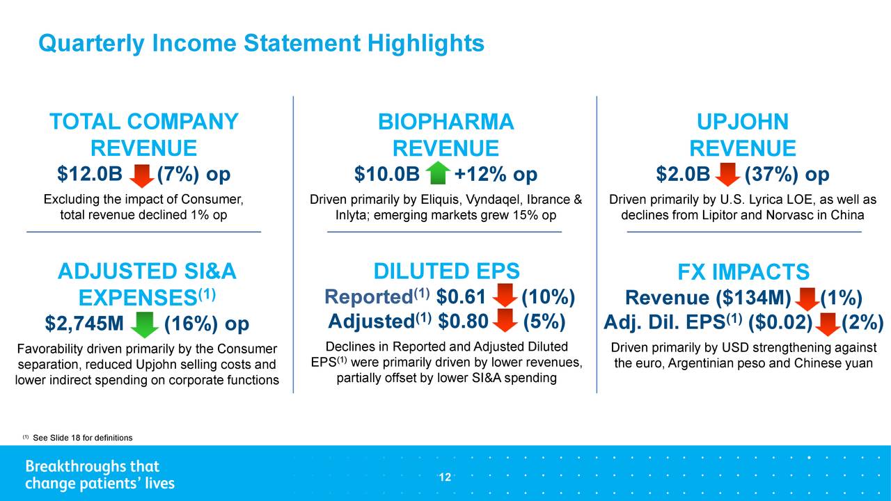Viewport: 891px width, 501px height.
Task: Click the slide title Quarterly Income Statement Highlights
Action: tap(261, 43)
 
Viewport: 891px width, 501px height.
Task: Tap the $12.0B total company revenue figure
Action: tap(90, 174)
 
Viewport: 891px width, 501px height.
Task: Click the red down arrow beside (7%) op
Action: tap(141, 176)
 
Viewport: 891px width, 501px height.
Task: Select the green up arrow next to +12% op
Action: tap(438, 173)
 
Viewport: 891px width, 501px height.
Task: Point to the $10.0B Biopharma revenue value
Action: tap(386, 174)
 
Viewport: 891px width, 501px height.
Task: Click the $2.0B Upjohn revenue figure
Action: tap(683, 174)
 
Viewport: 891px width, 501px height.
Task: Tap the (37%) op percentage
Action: tap(787, 175)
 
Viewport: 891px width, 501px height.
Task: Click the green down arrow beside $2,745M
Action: tap(144, 324)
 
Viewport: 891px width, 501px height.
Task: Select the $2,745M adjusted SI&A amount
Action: tap(84, 324)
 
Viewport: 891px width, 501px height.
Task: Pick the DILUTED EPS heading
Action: tap(446, 271)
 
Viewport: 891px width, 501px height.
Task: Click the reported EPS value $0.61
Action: tap(461, 296)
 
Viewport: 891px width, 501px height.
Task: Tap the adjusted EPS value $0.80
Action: tap(463, 321)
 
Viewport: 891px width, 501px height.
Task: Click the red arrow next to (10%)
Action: tap(505, 295)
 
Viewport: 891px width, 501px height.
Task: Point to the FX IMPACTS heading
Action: tap(743, 272)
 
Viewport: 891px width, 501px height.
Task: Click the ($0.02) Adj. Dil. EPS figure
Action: tap(780, 322)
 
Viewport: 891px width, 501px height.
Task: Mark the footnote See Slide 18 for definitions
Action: tap(82, 438)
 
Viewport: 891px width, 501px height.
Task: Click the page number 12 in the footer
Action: tap(445, 477)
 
